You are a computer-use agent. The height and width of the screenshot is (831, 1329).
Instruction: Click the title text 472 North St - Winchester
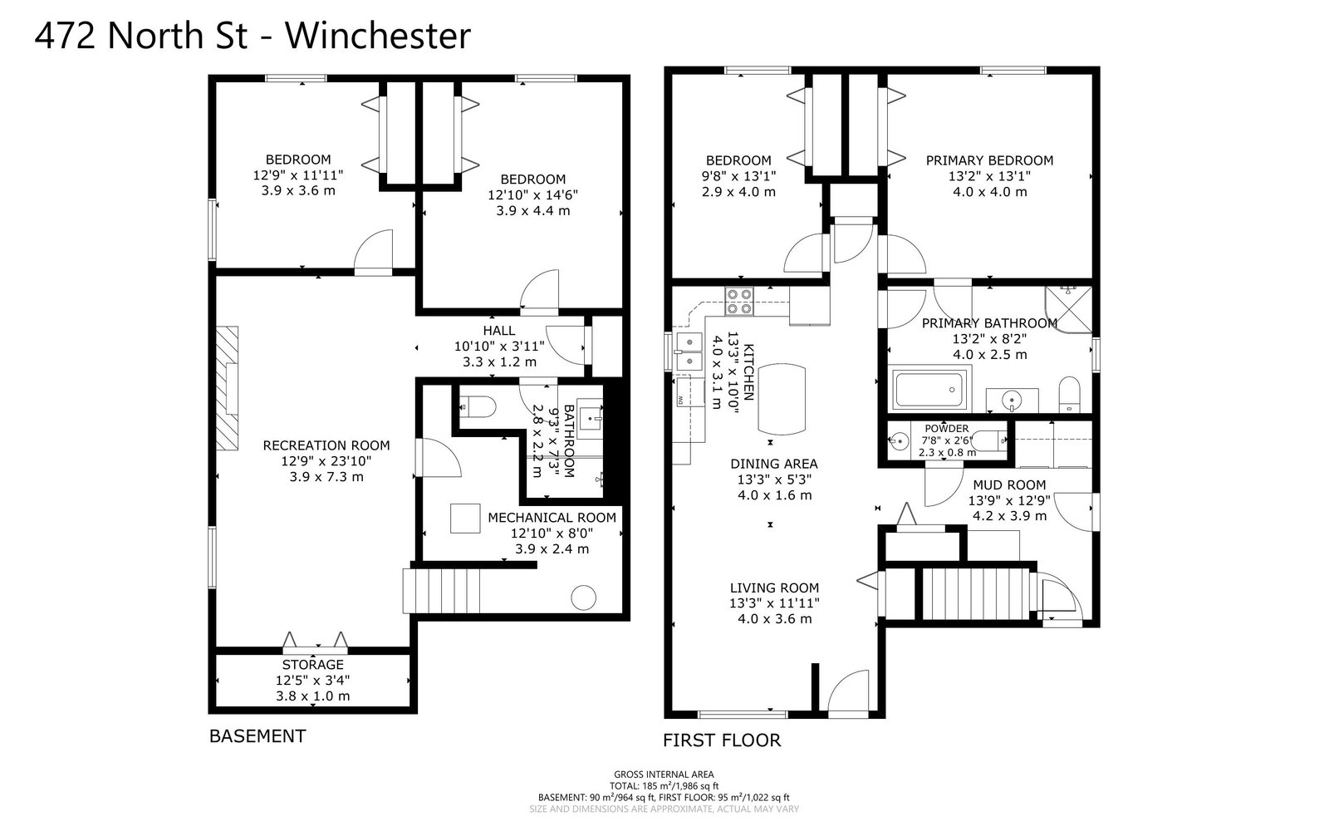253,37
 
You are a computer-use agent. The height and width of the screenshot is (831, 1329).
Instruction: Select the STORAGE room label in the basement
312,665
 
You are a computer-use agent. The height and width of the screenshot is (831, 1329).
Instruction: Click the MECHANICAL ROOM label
552,518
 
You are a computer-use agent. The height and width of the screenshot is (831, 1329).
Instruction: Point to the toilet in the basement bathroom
478,407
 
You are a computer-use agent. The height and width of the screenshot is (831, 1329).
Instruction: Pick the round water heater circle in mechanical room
583,597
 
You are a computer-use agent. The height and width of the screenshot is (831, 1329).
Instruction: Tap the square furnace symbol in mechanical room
466,519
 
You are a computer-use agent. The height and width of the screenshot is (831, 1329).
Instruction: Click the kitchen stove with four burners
738,301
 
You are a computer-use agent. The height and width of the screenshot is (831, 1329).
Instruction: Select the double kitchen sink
688,352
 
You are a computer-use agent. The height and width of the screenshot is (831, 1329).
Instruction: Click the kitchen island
781,398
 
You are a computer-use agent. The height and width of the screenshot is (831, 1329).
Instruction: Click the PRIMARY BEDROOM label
989,160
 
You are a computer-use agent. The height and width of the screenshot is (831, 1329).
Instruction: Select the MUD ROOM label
1009,485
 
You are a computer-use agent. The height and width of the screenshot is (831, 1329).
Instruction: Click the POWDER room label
947,429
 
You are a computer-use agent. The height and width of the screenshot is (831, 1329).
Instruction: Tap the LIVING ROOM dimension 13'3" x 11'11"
774,603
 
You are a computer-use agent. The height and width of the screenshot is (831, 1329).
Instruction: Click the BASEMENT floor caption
257,736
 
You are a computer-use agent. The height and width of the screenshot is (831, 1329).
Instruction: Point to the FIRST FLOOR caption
721,740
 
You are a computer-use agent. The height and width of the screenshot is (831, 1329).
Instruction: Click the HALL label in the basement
498,331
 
